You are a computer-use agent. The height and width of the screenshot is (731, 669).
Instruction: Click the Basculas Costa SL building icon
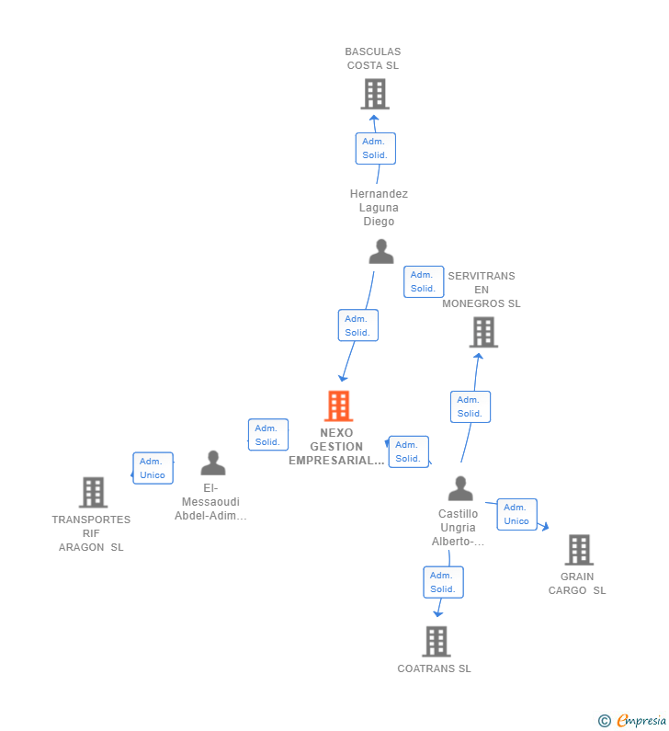(x=374, y=94)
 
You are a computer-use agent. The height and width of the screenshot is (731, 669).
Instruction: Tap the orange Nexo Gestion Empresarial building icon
(x=338, y=405)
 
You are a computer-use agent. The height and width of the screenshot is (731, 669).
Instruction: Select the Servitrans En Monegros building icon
(x=483, y=332)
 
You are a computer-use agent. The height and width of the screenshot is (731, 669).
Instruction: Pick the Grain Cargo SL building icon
(x=578, y=550)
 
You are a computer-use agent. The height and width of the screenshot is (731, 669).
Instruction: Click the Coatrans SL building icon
(x=436, y=641)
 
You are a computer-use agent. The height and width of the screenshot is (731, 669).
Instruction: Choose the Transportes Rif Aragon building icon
(x=93, y=493)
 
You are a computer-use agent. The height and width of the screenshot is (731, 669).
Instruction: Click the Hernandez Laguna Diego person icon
(x=380, y=251)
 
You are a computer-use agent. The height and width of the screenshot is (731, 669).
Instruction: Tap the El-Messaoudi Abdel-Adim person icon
(x=213, y=463)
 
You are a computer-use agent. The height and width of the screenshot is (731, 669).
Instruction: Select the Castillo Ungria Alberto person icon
(x=459, y=488)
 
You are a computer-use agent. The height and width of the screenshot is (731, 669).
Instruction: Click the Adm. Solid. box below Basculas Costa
(x=375, y=148)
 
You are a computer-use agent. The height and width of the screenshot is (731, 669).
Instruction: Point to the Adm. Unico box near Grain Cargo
(x=516, y=514)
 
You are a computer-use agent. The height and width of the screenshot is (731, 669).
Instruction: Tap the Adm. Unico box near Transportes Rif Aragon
(x=153, y=468)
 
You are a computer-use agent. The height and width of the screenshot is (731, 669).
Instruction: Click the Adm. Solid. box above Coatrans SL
(x=443, y=582)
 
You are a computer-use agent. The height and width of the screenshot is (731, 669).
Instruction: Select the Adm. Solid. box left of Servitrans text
(x=423, y=281)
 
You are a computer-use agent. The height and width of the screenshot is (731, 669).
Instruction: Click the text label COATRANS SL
(x=434, y=668)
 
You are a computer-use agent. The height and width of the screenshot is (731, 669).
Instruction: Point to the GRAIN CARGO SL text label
(x=577, y=584)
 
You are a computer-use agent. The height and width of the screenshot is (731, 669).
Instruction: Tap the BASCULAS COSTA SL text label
(x=373, y=59)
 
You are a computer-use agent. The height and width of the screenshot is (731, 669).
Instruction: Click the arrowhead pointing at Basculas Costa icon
(x=374, y=118)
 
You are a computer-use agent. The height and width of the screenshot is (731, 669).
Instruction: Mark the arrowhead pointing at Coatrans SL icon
(x=437, y=612)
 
